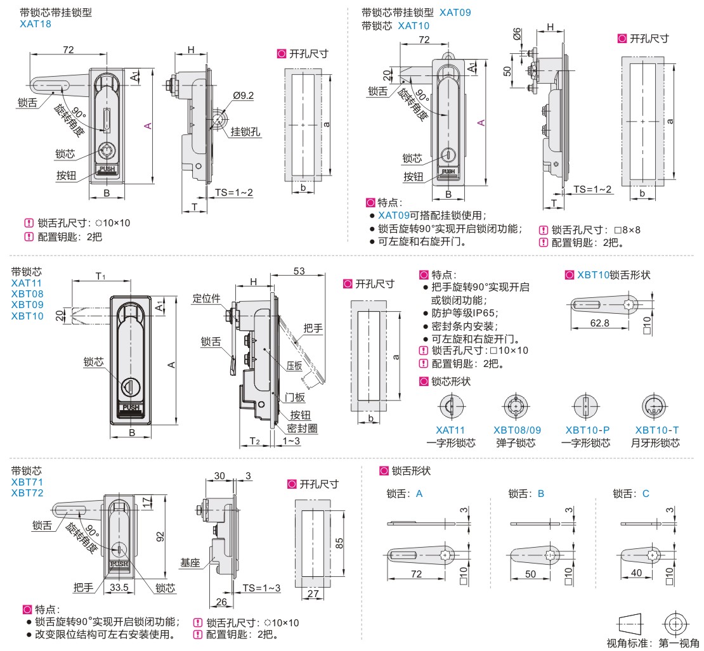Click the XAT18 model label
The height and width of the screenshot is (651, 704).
[x=36, y=24]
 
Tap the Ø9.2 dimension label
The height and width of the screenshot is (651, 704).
[x=243, y=96]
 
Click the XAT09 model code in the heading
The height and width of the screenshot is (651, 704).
[x=455, y=12]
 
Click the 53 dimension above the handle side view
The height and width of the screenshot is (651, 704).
[x=299, y=271]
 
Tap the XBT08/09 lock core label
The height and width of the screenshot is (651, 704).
[x=518, y=430]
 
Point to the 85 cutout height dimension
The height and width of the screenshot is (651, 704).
[x=339, y=543]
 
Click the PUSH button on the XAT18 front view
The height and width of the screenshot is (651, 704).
[x=107, y=169]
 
